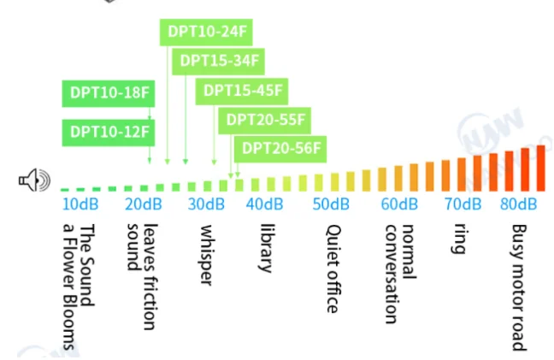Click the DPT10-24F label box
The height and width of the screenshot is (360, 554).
point(206,32)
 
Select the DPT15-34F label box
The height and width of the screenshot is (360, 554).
point(218,62)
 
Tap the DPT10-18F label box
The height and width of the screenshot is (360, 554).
point(109,93)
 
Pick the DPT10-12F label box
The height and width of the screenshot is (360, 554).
point(109,133)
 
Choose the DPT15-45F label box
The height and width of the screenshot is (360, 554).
point(242,91)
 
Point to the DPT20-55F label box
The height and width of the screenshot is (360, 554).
point(265,121)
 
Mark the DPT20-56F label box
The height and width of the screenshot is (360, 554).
point(280,149)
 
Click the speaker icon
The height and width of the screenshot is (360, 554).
point(34,180)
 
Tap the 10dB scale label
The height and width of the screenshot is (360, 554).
point(80,204)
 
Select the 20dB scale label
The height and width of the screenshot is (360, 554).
point(144,204)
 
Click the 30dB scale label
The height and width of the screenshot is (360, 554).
point(206,204)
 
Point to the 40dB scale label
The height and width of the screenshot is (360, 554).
point(265,204)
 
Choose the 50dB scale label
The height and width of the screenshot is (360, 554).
point(331,204)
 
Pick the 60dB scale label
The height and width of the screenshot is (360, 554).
point(399,204)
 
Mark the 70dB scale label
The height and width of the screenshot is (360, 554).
point(463,204)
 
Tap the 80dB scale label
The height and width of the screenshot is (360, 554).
point(519,204)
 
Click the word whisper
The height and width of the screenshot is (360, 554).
point(206,255)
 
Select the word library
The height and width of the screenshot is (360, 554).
point(267,248)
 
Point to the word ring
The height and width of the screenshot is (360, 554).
point(458,239)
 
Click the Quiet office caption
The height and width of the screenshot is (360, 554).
point(333,269)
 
